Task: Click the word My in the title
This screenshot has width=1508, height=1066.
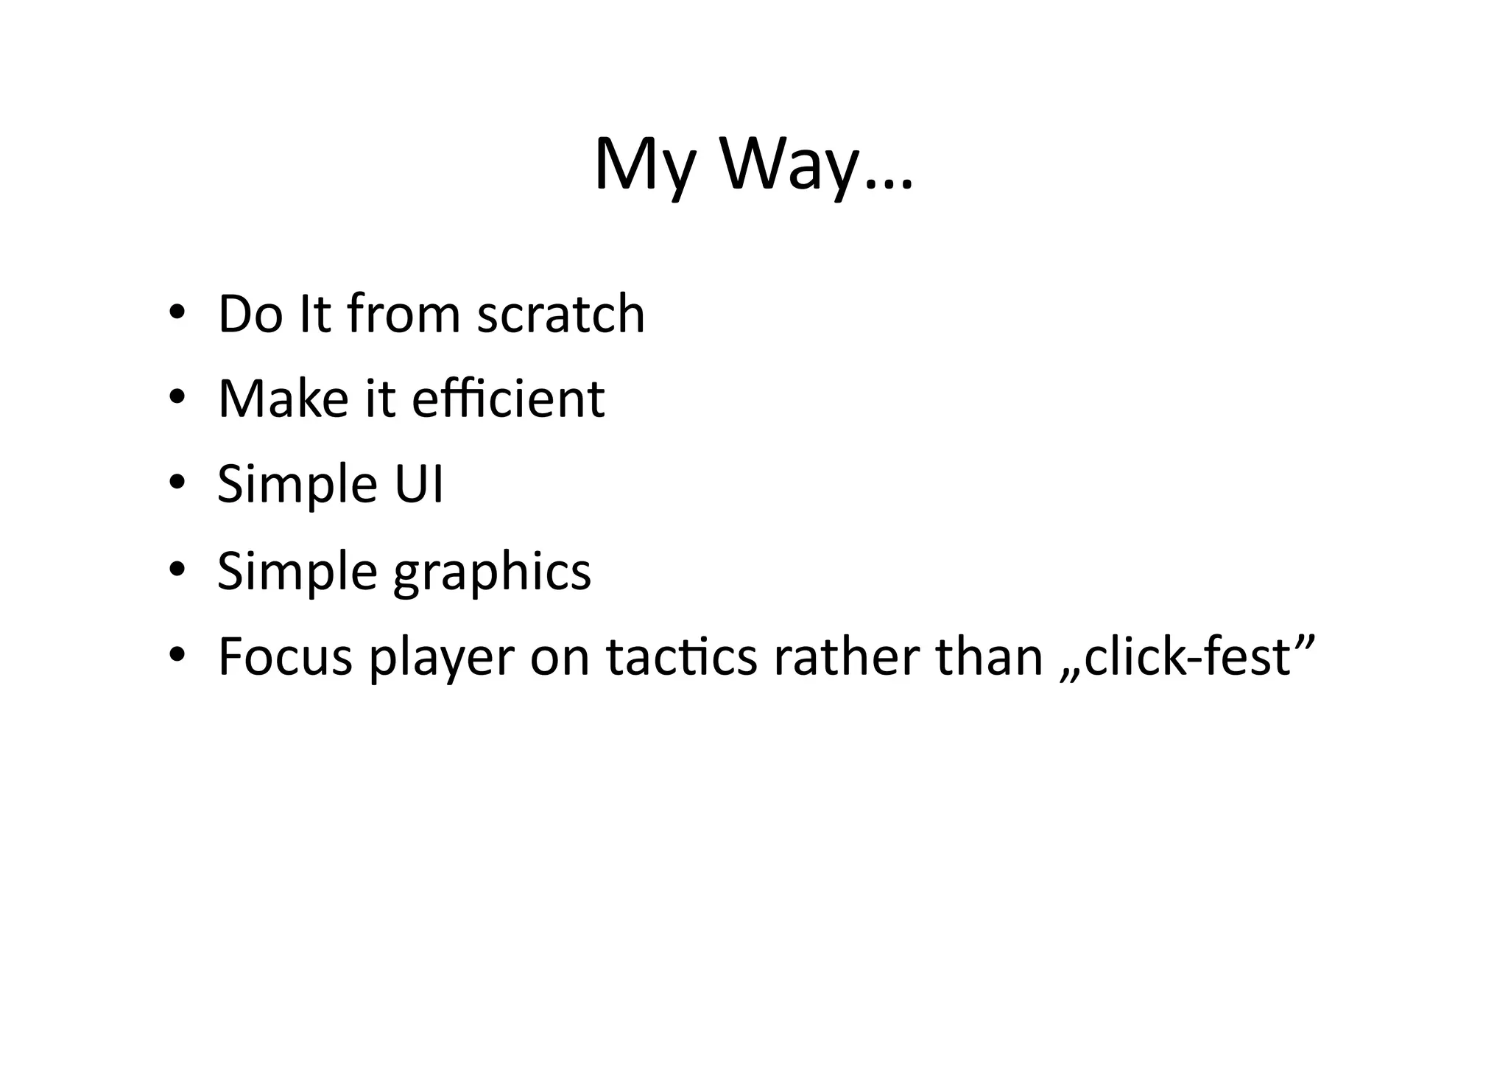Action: (644, 166)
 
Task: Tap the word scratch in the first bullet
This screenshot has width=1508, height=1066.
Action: (561, 314)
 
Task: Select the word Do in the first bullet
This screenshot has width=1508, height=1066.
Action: (250, 314)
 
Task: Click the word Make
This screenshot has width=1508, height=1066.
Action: (283, 399)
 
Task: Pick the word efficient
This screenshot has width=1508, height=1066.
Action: (508, 399)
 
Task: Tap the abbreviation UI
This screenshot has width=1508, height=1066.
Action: (419, 484)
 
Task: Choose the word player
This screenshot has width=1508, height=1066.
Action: (441, 658)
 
